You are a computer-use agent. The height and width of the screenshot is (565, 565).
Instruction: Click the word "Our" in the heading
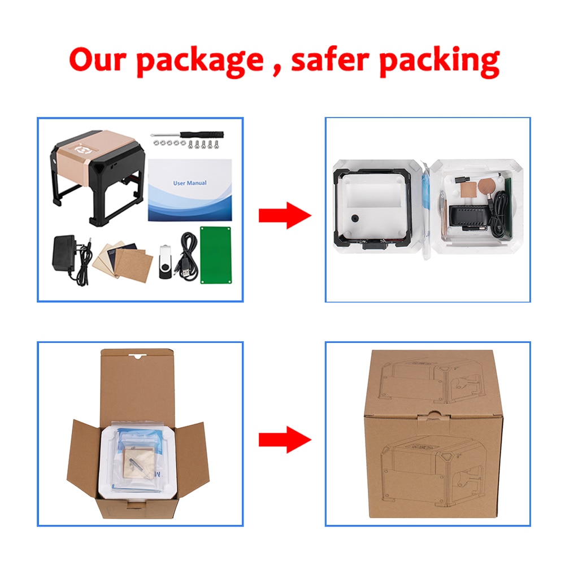pyautogui.click(x=97, y=59)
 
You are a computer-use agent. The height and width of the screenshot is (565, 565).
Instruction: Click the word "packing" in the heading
pyautogui.click(x=440, y=61)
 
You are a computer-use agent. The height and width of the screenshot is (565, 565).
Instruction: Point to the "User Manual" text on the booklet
pyautogui.click(x=190, y=183)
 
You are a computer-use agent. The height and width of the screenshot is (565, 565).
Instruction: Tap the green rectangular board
pyautogui.click(x=215, y=255)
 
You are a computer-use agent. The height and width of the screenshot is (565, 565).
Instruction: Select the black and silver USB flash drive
pyautogui.click(x=165, y=262)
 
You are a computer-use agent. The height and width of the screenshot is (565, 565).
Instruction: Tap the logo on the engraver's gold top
pyautogui.click(x=82, y=148)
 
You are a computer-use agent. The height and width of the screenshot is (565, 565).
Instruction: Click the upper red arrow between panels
pyautogui.click(x=285, y=215)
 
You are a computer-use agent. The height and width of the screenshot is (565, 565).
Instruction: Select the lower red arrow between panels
pyautogui.click(x=285, y=439)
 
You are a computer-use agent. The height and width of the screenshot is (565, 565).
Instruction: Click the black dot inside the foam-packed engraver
pyautogui.click(x=355, y=218)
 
